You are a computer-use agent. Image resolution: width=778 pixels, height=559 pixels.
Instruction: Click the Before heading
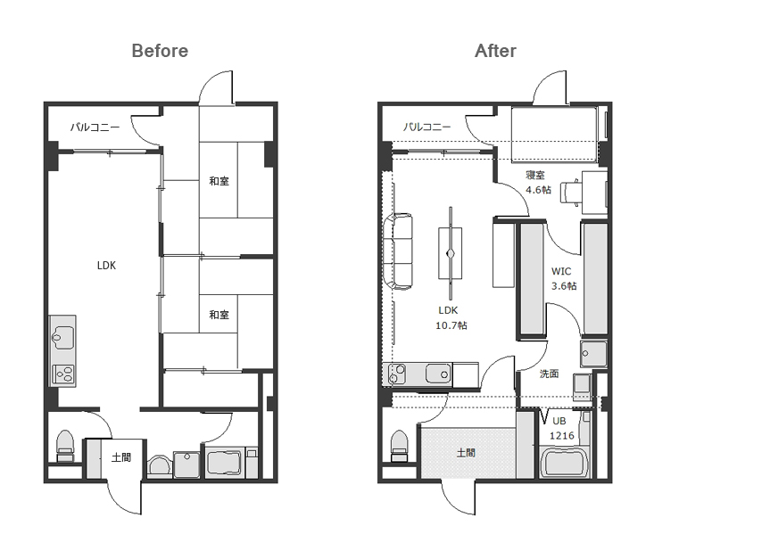pos(160,51)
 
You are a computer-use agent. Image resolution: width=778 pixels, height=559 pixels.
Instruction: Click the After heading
pos(495,51)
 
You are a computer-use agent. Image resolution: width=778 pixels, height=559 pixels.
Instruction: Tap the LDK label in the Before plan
pos(106,266)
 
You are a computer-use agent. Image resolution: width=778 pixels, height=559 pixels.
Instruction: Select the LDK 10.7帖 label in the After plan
pos(451,318)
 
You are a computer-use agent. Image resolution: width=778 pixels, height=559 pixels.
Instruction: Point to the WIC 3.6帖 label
pos(564,279)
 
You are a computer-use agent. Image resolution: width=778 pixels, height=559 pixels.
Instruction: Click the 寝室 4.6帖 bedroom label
pos(538,182)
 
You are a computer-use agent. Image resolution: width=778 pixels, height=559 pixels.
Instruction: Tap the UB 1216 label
pos(561,428)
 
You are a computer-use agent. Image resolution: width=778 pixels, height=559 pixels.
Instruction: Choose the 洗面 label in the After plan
pos(549,374)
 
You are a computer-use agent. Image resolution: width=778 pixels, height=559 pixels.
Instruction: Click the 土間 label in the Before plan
pos(121,457)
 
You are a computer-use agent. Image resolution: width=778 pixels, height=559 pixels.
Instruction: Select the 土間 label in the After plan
pos(466,453)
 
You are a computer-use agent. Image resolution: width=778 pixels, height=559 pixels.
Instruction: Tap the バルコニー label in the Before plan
pos(95,127)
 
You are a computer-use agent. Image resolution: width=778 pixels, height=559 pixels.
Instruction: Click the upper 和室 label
pos(219,181)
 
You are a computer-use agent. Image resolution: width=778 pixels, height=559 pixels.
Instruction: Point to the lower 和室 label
pos(219,315)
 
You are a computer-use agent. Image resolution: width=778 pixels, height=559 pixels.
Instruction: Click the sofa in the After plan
pos(397,251)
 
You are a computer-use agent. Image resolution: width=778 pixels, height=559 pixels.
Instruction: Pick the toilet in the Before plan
pos(65,446)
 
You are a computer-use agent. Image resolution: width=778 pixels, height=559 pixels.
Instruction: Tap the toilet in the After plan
pos(400,446)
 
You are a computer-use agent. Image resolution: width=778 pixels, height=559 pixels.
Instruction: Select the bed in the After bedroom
pos(554,135)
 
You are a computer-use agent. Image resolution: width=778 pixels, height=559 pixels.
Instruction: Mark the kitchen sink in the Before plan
pos(63,337)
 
